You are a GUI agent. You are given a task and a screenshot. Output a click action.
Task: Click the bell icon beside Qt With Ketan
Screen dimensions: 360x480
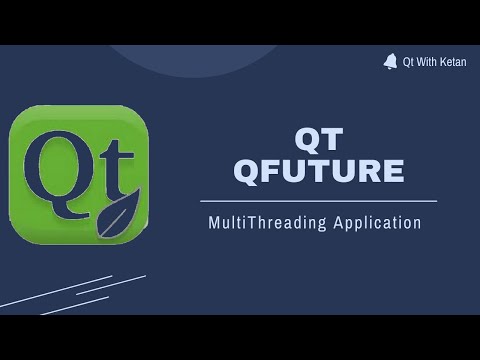point(390,61)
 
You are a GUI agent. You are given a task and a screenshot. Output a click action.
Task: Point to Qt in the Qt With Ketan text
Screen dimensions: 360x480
point(408,62)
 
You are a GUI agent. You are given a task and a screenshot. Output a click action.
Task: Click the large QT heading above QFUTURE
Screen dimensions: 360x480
point(318,138)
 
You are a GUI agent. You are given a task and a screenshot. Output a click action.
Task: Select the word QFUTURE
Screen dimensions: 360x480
point(318,171)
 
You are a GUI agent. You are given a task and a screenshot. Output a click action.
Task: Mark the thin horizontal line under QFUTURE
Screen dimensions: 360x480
point(318,201)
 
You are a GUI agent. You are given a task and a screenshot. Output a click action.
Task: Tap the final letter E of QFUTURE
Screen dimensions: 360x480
point(392,171)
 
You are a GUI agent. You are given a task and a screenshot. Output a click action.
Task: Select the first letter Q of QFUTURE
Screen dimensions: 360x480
point(247,171)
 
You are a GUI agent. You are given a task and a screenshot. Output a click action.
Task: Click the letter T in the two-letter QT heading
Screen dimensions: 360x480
point(332,138)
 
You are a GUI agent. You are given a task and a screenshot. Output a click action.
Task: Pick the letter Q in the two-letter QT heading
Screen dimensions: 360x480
point(305,138)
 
